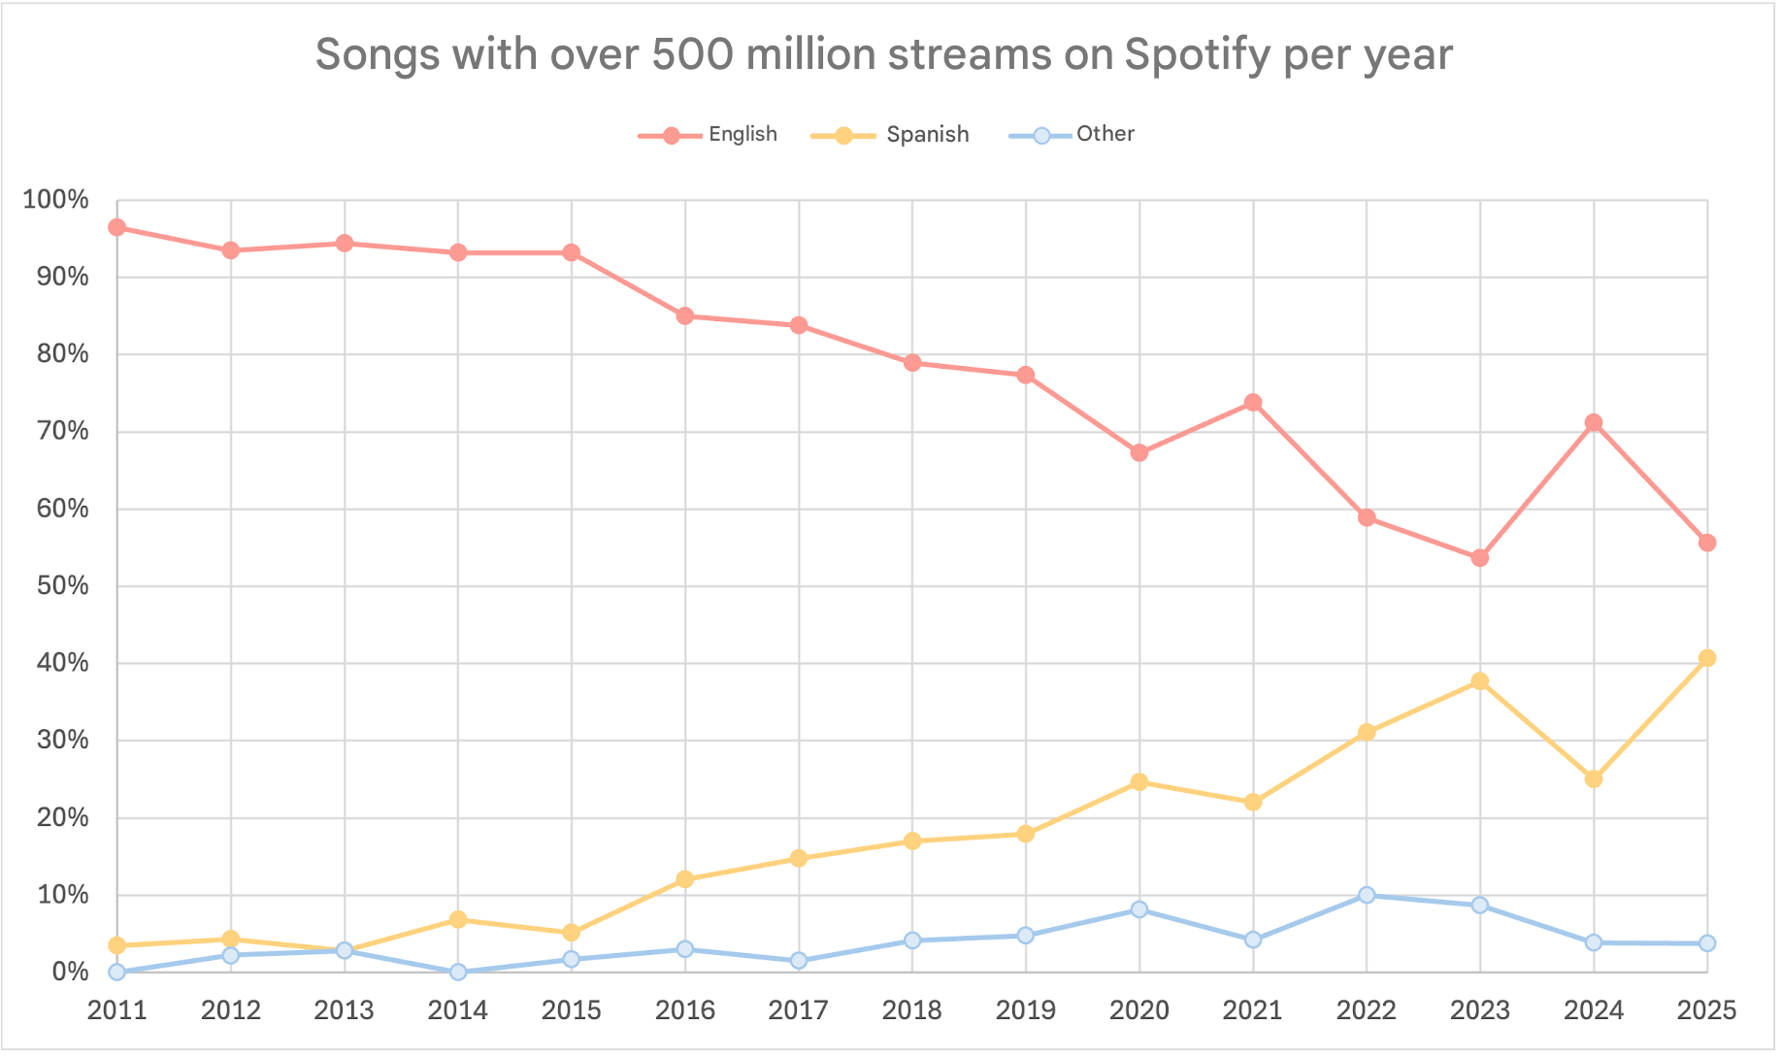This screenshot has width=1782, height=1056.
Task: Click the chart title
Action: (883, 55)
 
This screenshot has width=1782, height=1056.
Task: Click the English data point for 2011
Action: (117, 227)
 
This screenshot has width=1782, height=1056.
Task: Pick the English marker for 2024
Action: (1593, 422)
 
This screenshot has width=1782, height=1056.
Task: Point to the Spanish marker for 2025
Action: (1706, 658)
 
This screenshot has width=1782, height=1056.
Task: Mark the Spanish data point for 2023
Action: (1479, 681)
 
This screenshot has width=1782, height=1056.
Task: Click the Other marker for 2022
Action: (1366, 895)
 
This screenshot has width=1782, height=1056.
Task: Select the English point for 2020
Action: (1138, 452)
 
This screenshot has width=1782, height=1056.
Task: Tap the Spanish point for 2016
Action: (684, 879)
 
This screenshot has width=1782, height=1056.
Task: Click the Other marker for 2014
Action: (457, 972)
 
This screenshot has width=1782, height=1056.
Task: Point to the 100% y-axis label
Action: (56, 200)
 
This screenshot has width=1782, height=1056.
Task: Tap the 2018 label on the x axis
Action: (911, 1010)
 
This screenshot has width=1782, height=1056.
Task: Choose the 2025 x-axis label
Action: (1706, 1010)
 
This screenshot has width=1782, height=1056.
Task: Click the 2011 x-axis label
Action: (117, 1010)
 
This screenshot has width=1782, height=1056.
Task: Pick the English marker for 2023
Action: (1479, 558)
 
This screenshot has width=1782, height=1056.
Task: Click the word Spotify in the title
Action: (1196, 55)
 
